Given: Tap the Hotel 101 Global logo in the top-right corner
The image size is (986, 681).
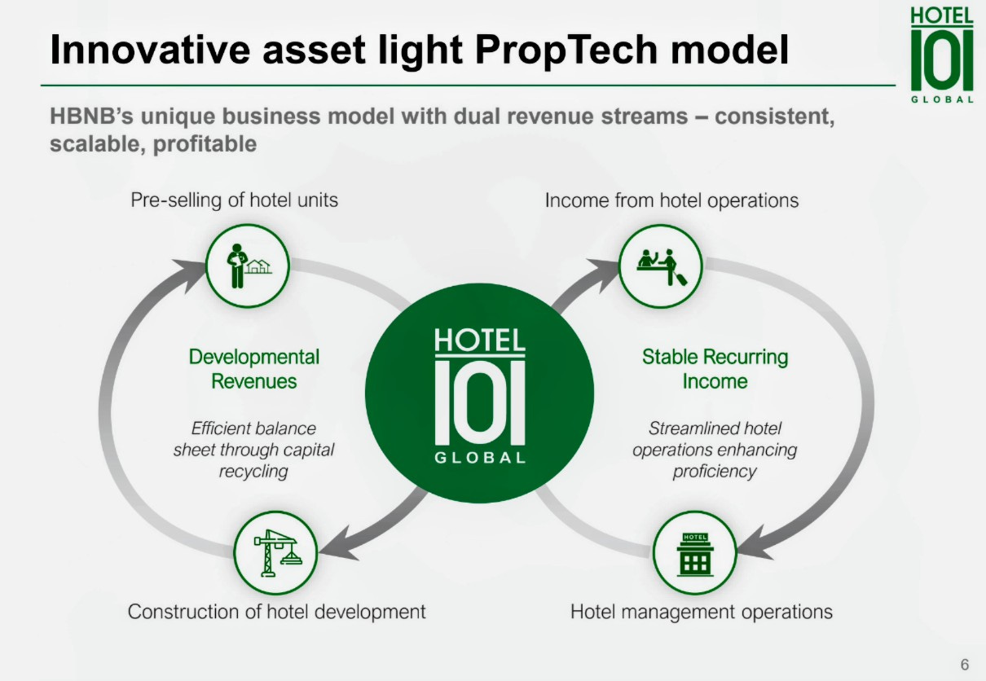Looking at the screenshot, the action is pyautogui.click(x=942, y=55).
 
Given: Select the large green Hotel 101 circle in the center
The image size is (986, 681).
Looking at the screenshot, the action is pyautogui.click(x=479, y=393).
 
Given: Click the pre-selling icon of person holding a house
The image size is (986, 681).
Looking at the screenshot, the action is pyautogui.click(x=248, y=264).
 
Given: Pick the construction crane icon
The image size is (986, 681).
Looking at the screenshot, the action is pyautogui.click(x=275, y=552).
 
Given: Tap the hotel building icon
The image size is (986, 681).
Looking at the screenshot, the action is pyautogui.click(x=694, y=553).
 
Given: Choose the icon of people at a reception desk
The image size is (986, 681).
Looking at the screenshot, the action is pyautogui.click(x=660, y=264).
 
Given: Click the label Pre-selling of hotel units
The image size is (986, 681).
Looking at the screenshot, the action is pyautogui.click(x=234, y=200).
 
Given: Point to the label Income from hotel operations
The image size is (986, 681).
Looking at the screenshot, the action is pyautogui.click(x=671, y=200).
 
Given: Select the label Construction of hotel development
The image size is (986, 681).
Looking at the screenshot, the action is pyautogui.click(x=276, y=612).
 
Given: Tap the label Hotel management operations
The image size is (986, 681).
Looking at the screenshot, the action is pyautogui.click(x=701, y=612).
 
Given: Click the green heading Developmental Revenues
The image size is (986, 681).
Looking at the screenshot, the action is pyautogui.click(x=254, y=369).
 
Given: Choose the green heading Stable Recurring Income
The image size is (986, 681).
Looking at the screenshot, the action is pyautogui.click(x=715, y=369).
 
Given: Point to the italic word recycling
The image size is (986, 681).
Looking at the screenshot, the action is pyautogui.click(x=253, y=472).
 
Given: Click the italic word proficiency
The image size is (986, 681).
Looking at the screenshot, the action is pyautogui.click(x=715, y=472).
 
